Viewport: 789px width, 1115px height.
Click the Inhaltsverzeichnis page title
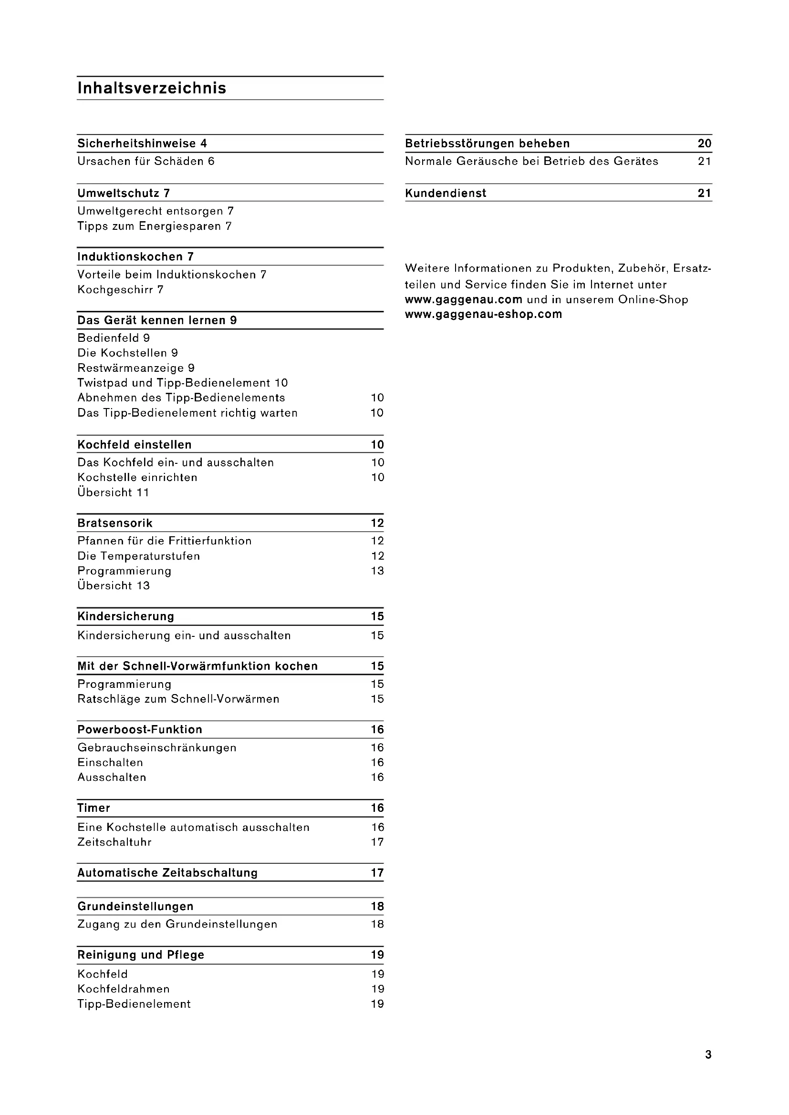[x=152, y=88]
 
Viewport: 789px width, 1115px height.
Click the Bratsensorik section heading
[x=115, y=523]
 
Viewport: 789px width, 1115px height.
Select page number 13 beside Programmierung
[x=377, y=571]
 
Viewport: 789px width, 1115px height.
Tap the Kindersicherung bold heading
[x=126, y=616]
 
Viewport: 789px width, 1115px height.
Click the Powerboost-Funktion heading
[x=140, y=729]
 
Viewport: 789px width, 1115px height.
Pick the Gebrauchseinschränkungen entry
[x=157, y=747]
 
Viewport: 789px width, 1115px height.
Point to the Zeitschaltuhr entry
[x=114, y=842]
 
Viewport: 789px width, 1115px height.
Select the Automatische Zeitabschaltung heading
[x=167, y=873]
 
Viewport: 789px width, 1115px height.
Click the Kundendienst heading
[x=446, y=193]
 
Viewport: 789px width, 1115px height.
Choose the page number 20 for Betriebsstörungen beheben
[x=705, y=143]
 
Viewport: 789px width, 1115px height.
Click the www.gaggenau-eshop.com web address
[x=483, y=314]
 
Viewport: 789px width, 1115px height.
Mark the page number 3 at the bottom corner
[x=708, y=1054]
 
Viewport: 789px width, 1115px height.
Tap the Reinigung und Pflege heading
[x=141, y=955]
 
